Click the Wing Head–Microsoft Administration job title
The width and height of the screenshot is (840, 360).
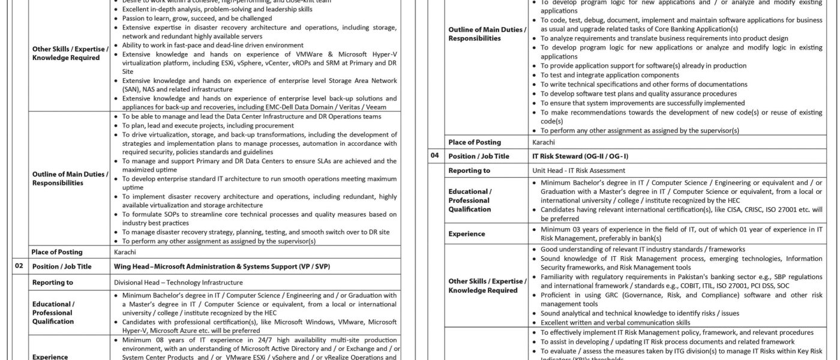(221, 266)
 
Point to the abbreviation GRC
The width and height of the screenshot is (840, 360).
(604, 295)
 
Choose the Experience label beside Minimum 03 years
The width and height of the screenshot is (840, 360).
(466, 234)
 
